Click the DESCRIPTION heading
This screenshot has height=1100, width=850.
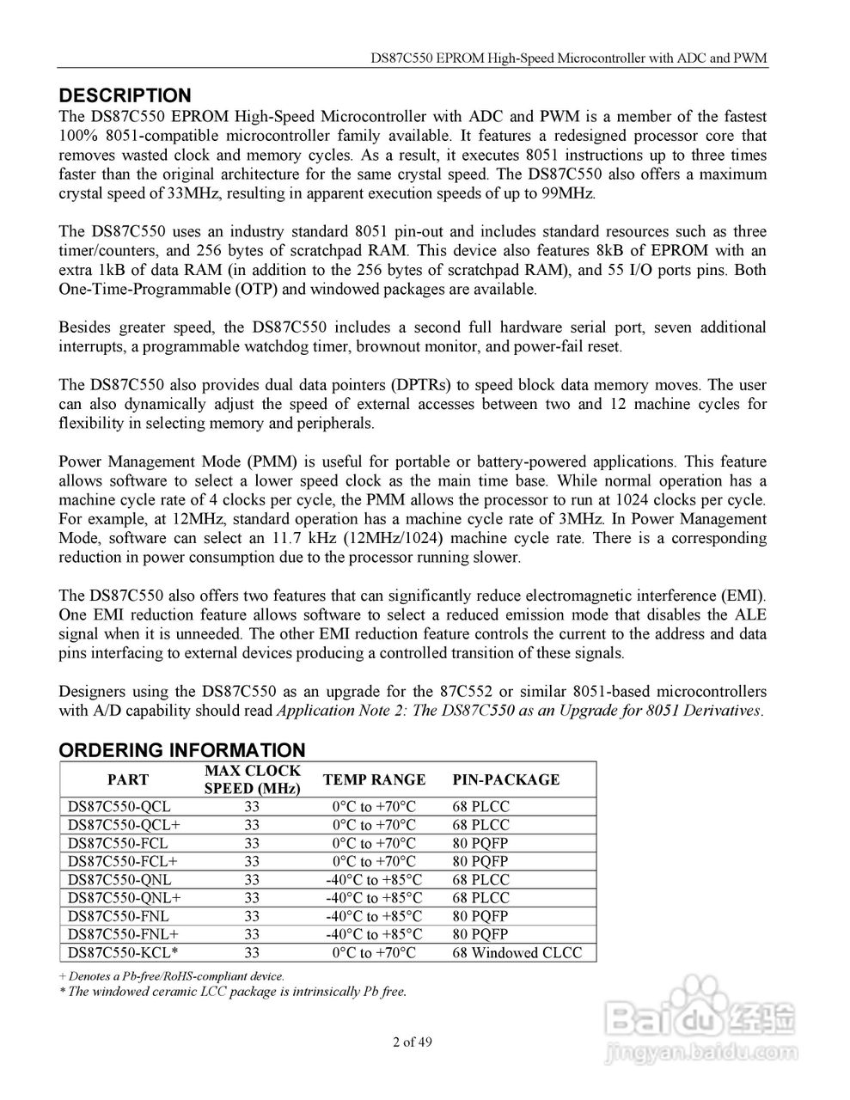pos(125,95)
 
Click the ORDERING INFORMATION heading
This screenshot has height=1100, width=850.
pos(181,750)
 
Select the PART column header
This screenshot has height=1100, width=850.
pos(127,779)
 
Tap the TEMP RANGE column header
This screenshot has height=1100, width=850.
pos(374,779)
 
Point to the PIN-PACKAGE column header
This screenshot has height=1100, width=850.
pos(505,779)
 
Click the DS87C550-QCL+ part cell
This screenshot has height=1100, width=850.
pos(123,825)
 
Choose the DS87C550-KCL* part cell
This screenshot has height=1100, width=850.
pos(122,952)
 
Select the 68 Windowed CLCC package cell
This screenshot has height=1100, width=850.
pos(517,952)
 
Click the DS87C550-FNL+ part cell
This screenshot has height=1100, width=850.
pos(122,934)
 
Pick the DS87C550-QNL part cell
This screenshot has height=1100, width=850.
pos(119,879)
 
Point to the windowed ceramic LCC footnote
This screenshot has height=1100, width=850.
pos(232,991)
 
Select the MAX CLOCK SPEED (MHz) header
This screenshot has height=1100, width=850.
pos(252,779)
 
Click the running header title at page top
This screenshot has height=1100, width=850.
pos(568,59)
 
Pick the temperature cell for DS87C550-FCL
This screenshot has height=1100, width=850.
pos(374,843)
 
